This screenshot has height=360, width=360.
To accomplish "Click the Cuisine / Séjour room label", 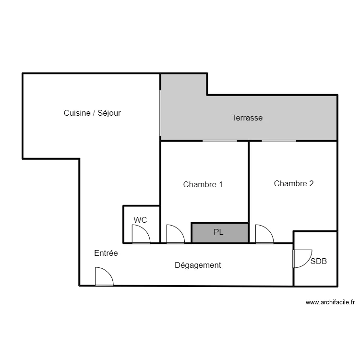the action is (x=92, y=113).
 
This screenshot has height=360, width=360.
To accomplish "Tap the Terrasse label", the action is (x=247, y=118).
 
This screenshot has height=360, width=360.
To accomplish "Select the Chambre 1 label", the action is (x=203, y=184).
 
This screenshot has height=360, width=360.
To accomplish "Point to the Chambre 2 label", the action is (x=294, y=183).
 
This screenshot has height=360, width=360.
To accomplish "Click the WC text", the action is (x=140, y=220).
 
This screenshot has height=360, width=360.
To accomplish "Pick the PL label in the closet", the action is (x=218, y=232).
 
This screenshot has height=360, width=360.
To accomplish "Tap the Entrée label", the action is (x=106, y=253).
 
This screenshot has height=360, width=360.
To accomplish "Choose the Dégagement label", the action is (x=198, y=265).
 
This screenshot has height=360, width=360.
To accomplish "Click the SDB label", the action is (x=318, y=261).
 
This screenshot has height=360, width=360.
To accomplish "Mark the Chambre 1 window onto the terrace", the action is (x=220, y=141).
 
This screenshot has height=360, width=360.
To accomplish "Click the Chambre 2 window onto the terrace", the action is (x=279, y=141).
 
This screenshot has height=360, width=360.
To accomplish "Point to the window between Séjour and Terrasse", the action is (x=160, y=113).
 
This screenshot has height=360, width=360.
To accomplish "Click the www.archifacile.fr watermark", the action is (x=330, y=302).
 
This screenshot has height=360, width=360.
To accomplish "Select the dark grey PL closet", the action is (x=220, y=233).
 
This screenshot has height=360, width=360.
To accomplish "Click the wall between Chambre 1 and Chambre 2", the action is (x=249, y=181).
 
